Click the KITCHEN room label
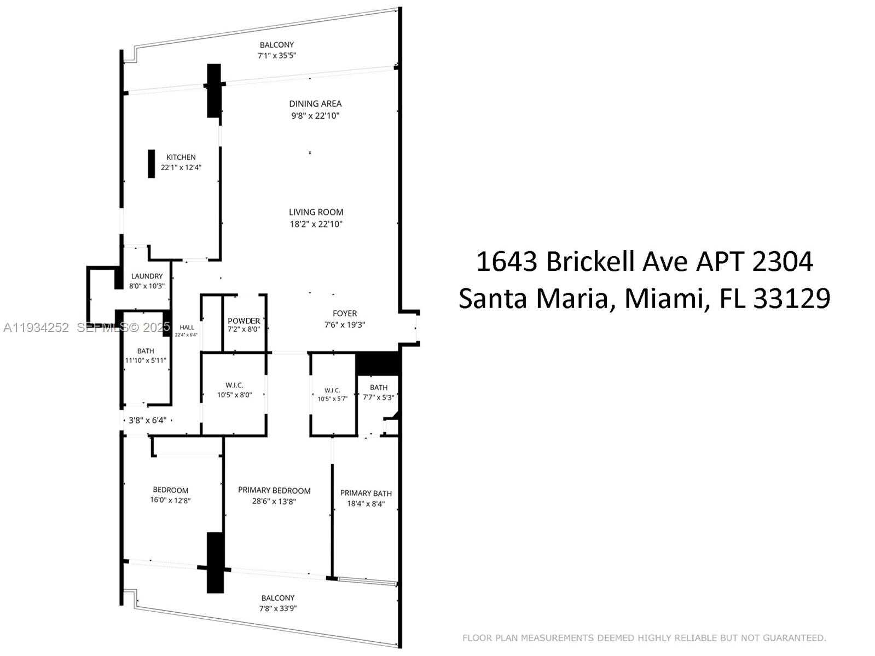pyautogui.click(x=181, y=158)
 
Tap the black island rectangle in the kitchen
pyautogui.click(x=152, y=164)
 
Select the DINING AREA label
pyautogui.click(x=315, y=103)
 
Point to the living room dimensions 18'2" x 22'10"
pyautogui.click(x=316, y=224)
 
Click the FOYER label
pyautogui.click(x=345, y=314)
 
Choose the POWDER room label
pyautogui.click(x=244, y=321)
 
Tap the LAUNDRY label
pyautogui.click(x=147, y=276)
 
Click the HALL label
pyautogui.click(x=187, y=328)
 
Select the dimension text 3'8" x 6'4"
pyautogui.click(x=147, y=421)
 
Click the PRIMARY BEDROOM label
pyautogui.click(x=274, y=491)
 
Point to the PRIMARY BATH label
pyautogui.click(x=366, y=493)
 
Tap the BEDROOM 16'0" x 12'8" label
pyautogui.click(x=170, y=490)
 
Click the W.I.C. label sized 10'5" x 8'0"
pyautogui.click(x=234, y=385)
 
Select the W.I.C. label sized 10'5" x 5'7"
pyautogui.click(x=332, y=390)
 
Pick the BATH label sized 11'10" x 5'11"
pyautogui.click(x=146, y=351)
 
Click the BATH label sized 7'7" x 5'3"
pyautogui.click(x=378, y=387)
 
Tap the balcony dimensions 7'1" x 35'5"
pyautogui.click(x=277, y=55)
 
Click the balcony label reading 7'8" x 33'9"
pyautogui.click(x=278, y=608)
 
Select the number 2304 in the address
pyautogui.click(x=783, y=262)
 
